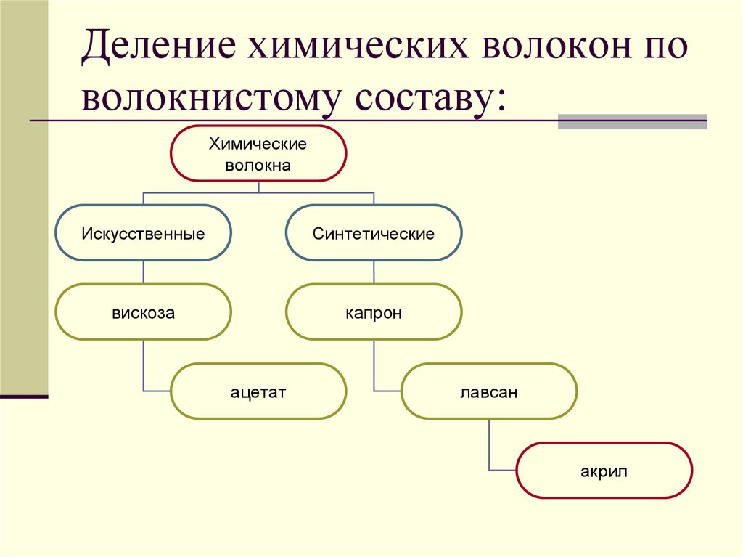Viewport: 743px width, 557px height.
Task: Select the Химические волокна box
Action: tap(258, 154)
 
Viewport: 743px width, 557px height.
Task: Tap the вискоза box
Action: tap(143, 313)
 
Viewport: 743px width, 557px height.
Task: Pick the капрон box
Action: tap(374, 313)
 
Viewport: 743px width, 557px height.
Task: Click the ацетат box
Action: tap(258, 392)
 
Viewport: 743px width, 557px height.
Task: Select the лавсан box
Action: tap(489, 392)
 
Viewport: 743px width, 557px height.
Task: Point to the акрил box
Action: tap(604, 471)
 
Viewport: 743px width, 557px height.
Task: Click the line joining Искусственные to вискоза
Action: tap(144, 272)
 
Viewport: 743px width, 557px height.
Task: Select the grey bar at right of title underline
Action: tap(632, 121)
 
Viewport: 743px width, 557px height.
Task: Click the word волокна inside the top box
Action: tap(258, 166)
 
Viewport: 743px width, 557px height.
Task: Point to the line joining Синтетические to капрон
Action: tap(374, 272)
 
